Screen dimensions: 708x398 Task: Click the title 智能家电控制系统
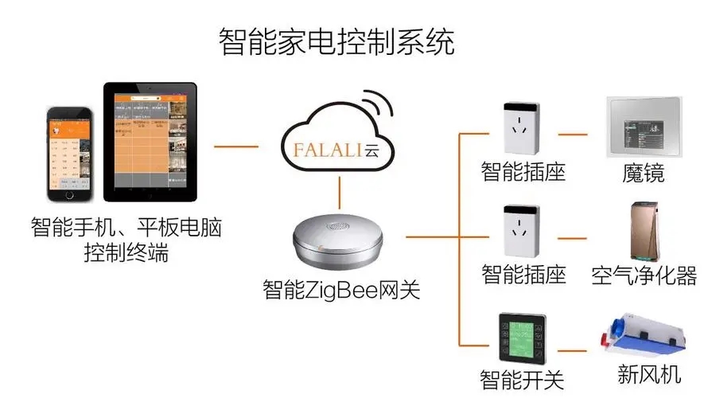pyautogui.click(x=336, y=41)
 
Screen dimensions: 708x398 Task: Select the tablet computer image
pyautogui.click(x=150, y=140)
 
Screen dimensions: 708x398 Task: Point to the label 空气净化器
pyautogui.click(x=644, y=276)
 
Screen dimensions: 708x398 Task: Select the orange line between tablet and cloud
pyautogui.click(x=236, y=146)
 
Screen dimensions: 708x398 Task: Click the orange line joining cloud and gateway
pyautogui.click(x=341, y=192)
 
